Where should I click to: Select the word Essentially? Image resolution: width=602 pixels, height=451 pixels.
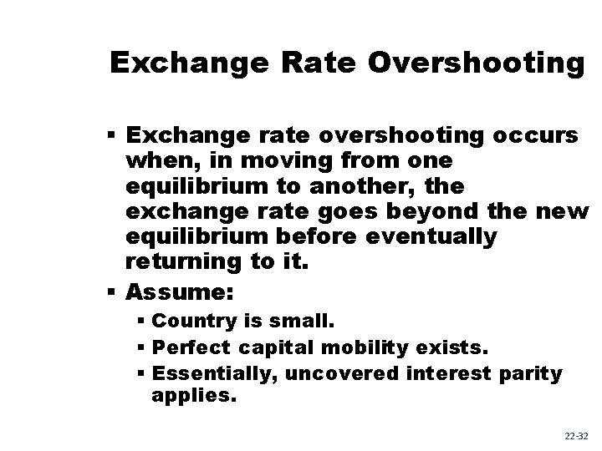click(216, 373)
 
